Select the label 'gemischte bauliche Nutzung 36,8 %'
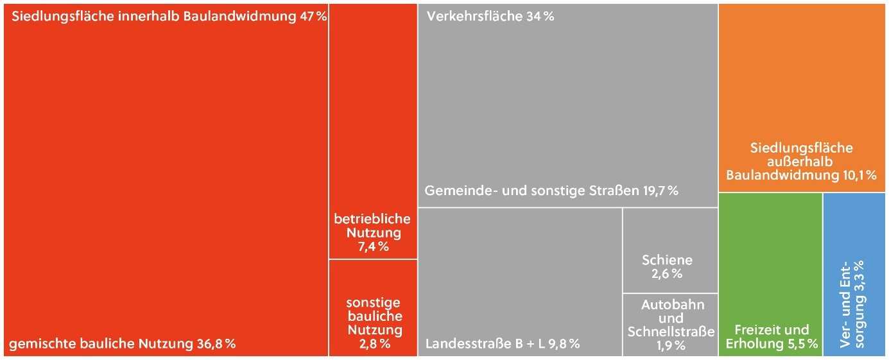point(122,344)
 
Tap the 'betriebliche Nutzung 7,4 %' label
point(372,232)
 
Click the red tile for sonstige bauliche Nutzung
point(373,309)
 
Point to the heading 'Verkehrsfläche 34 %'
point(490,17)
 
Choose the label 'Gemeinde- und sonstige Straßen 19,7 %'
point(551,191)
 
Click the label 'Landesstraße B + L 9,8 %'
point(503,344)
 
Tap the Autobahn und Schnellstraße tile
point(670,325)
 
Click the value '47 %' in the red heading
point(313,17)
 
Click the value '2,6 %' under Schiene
point(668,274)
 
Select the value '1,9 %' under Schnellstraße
point(671,346)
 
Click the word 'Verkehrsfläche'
point(474,17)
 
